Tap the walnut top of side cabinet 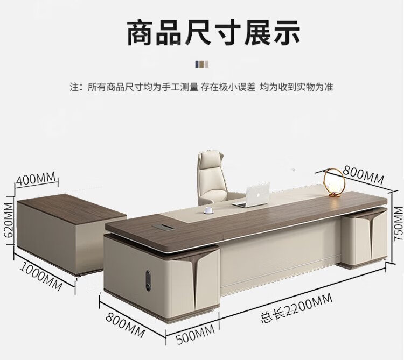pos(70,208)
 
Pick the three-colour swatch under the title pos(202,64)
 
